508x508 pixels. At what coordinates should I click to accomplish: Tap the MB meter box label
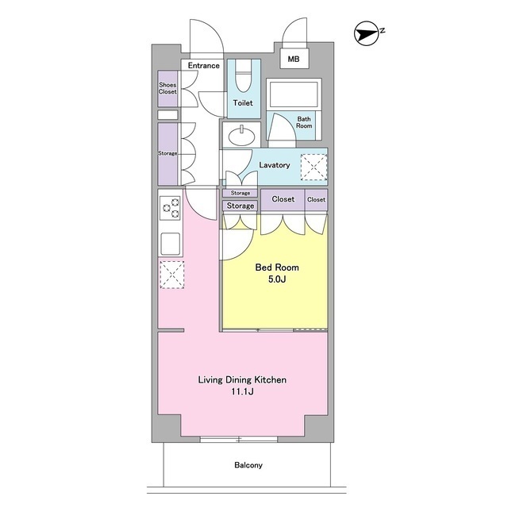294,59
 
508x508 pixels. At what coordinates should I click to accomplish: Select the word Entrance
203,65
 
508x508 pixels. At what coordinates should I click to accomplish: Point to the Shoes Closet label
167,88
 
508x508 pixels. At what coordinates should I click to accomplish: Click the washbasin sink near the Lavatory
241,136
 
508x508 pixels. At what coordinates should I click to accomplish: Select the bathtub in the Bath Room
294,94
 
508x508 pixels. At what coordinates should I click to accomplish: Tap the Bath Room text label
304,122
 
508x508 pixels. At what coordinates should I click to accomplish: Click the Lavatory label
275,165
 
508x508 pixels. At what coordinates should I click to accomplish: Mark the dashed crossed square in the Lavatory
314,167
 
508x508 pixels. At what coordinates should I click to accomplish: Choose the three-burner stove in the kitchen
170,208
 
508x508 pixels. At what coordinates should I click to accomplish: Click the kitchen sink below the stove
171,244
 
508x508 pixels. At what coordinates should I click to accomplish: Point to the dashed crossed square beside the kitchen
172,275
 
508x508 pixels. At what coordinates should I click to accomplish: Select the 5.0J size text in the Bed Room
277,279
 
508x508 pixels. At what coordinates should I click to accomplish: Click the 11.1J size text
242,391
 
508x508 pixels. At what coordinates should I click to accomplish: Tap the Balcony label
248,465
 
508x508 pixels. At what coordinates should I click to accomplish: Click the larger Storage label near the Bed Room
240,206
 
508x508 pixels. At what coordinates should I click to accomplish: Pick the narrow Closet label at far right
316,199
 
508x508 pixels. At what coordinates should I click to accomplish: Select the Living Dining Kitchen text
242,379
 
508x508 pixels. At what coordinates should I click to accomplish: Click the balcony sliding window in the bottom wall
239,439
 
